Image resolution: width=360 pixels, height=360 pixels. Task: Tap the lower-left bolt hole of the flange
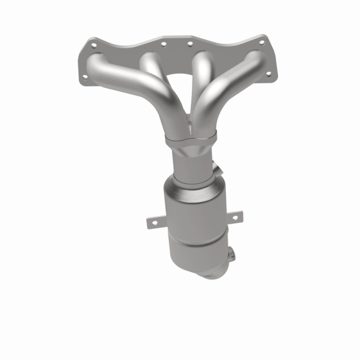click(85, 76)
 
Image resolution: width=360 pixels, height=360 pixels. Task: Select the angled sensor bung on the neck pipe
click(217, 167)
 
